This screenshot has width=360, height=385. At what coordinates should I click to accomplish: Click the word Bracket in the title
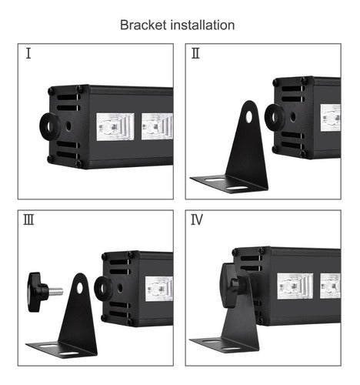click(144, 25)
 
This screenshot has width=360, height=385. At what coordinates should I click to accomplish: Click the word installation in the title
click(202, 25)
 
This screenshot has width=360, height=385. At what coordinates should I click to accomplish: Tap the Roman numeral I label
click(28, 54)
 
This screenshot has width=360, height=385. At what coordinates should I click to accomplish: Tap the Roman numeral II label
click(195, 54)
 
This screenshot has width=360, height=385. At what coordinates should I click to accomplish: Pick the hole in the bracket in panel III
click(80, 287)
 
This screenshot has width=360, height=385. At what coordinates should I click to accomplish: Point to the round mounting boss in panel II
click(275, 116)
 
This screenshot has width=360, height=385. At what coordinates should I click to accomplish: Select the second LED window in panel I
click(156, 125)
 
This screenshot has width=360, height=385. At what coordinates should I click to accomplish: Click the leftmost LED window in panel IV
click(294, 286)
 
